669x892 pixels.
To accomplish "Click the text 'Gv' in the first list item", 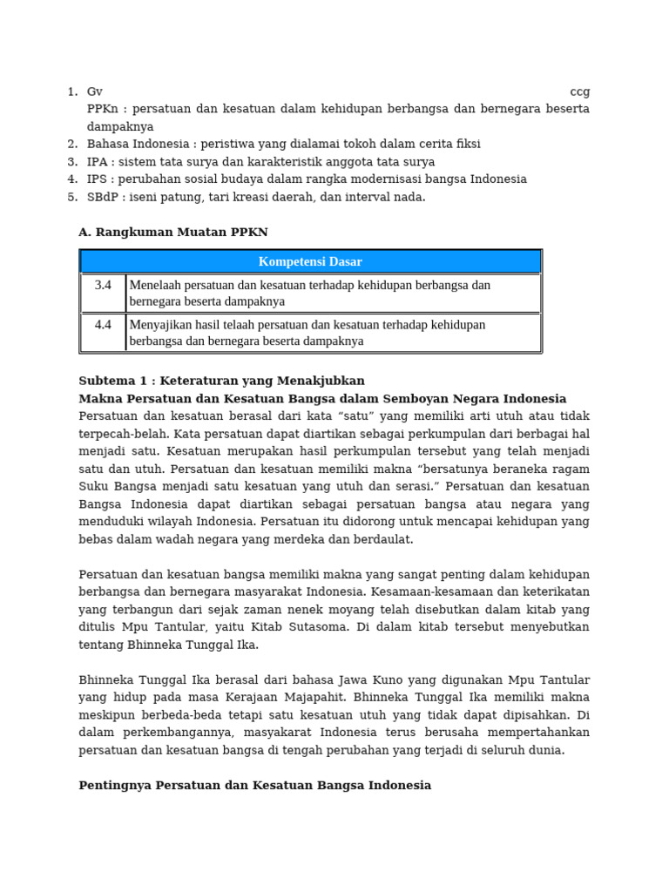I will click(x=95, y=91).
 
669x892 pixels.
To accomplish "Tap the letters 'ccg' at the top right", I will click(x=579, y=91).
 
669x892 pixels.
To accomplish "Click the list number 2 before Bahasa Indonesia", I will click(x=72, y=144).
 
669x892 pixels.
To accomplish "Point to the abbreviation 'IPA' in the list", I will click(x=98, y=162).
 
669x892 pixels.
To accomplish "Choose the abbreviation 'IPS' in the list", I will click(x=98, y=179).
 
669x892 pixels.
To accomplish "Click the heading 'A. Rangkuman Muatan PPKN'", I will click(x=173, y=232).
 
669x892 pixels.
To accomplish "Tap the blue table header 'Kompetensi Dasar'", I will click(x=310, y=261).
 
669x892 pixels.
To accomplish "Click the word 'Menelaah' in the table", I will click(x=157, y=285).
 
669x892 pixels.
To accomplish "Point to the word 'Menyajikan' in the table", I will click(x=160, y=325).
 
